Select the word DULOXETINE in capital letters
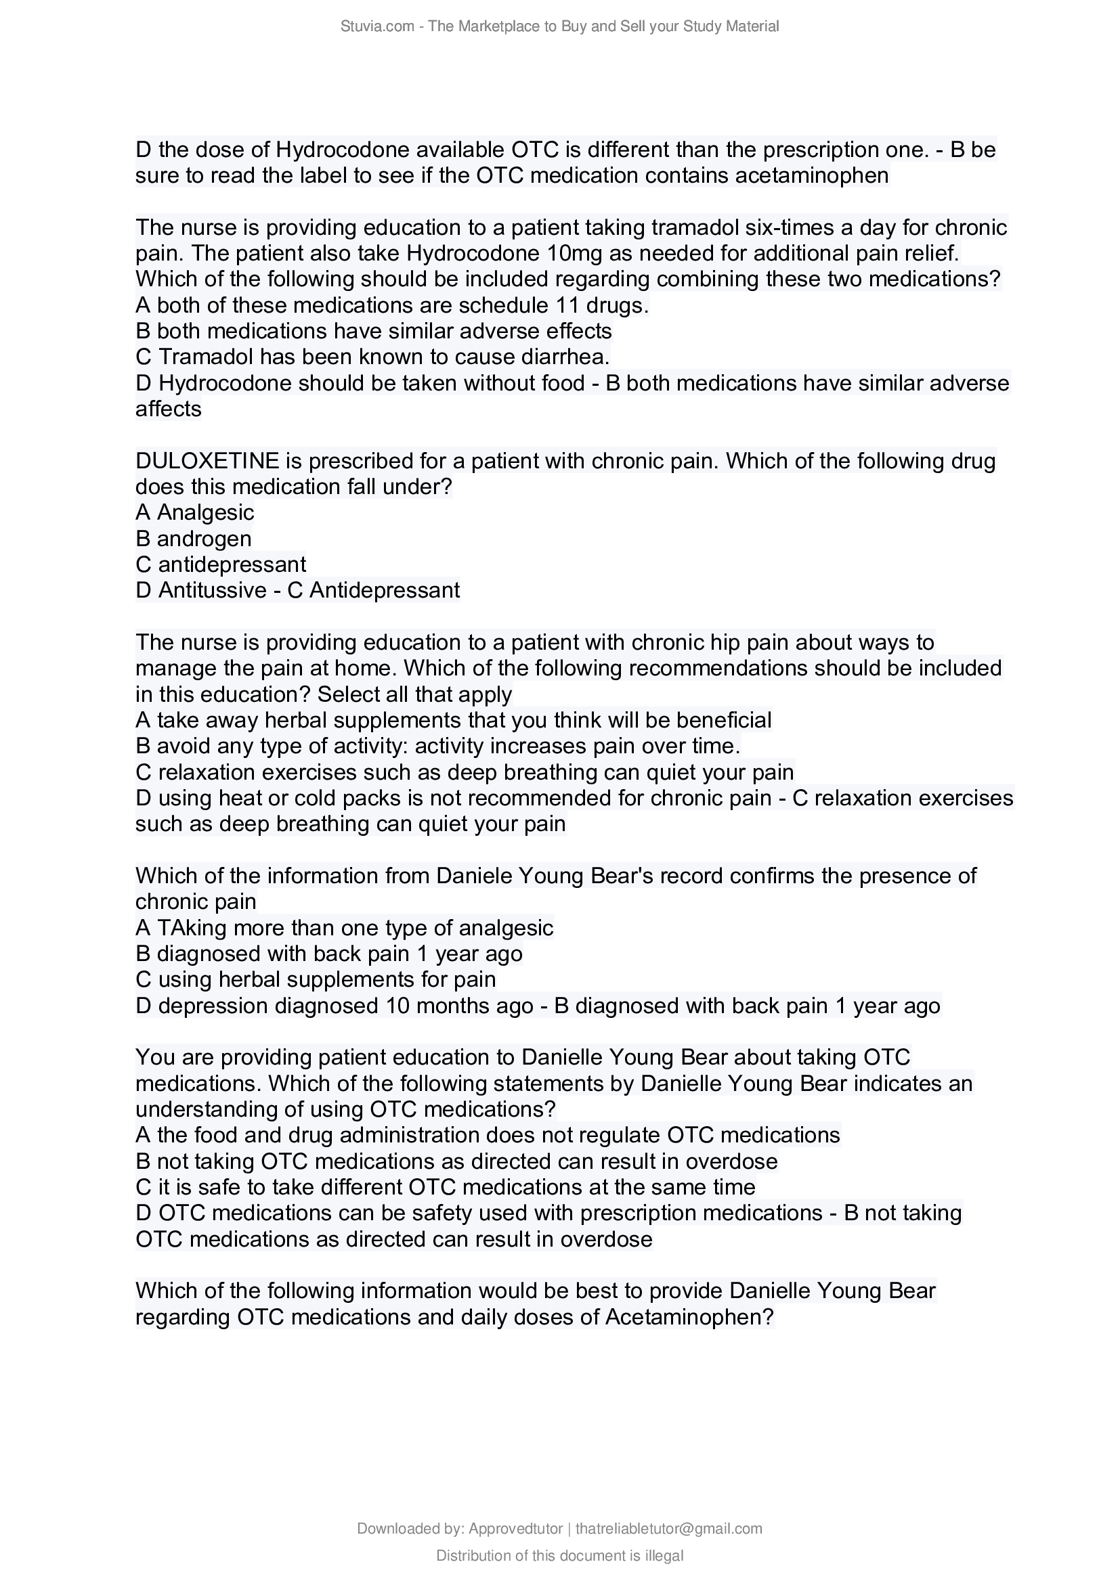[207, 461]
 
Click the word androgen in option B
[204, 539]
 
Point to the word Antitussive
[213, 590]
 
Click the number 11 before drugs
[567, 305]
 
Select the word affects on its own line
[169, 409]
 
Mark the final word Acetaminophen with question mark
[689, 1318]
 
